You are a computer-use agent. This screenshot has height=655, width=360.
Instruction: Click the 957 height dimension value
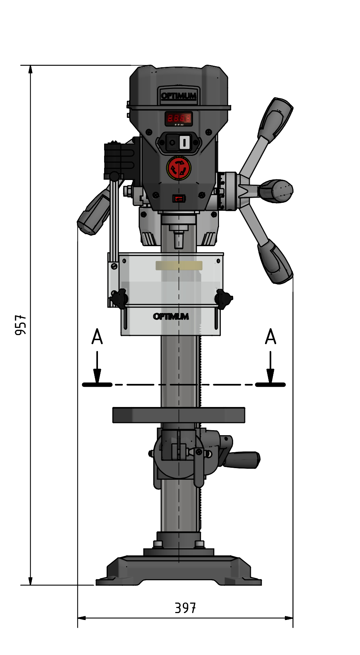pos(21,325)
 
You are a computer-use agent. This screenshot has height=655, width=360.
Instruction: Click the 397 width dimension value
pos(185,608)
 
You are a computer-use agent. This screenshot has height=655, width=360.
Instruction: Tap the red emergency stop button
pos(179,168)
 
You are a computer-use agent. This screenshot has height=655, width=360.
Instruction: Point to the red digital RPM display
pos(179,118)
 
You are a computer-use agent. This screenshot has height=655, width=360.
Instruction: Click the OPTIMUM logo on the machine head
pos(179,96)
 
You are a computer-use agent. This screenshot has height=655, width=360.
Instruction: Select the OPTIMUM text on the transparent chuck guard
pos(171,317)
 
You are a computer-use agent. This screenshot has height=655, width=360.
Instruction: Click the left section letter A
pos(97,337)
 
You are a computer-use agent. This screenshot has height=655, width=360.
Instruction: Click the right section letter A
pos(270,337)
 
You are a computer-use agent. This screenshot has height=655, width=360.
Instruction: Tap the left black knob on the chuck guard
pos(119,299)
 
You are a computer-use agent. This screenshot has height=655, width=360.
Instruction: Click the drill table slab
pos(179,415)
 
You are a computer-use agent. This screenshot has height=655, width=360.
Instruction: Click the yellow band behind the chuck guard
pos(179,266)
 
